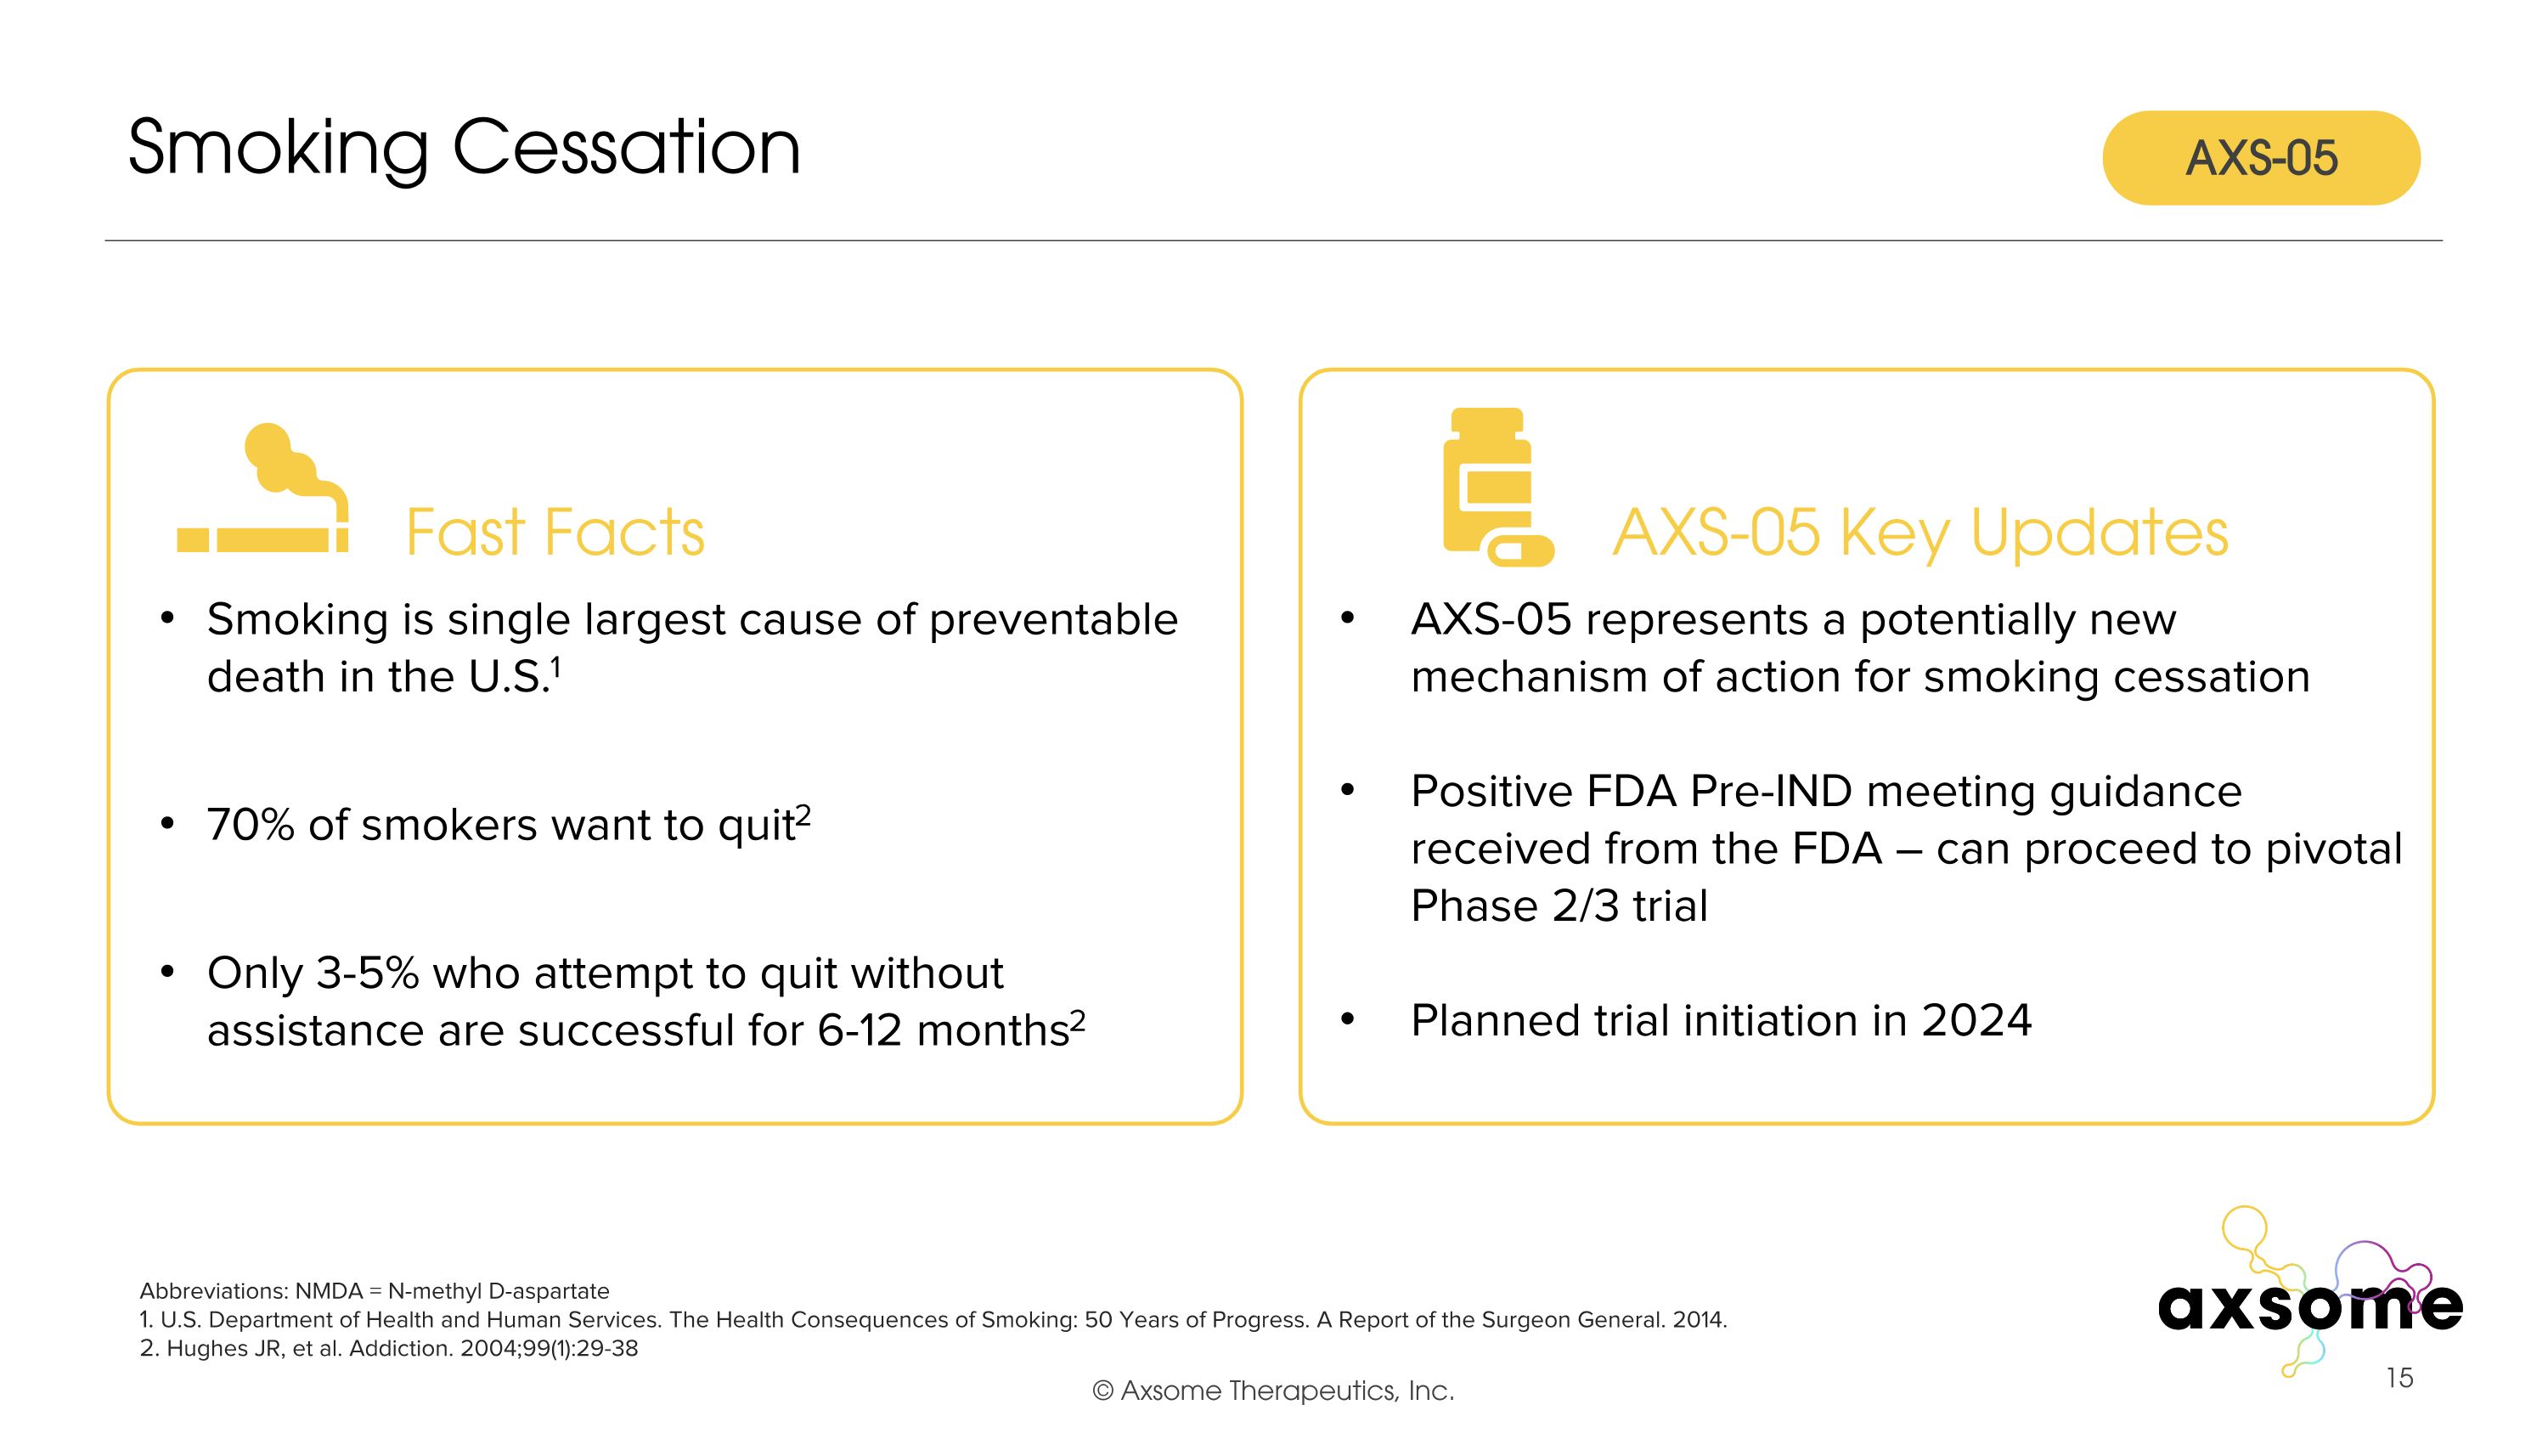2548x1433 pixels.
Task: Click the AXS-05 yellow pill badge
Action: point(2260,158)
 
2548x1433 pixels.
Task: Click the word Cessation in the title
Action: point(625,149)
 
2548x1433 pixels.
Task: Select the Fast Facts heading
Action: point(555,533)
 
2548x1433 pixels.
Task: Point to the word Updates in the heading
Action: point(2099,533)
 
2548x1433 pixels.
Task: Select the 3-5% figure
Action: point(367,973)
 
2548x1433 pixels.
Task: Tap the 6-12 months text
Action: point(943,1030)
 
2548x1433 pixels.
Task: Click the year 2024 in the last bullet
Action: point(1976,1021)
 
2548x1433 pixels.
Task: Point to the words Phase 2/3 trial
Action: point(1559,905)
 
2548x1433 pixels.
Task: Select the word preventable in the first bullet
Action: point(1052,620)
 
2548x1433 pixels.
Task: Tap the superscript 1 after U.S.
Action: point(556,668)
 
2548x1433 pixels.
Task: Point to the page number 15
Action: point(2399,1378)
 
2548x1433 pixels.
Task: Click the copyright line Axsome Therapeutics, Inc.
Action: point(1273,1391)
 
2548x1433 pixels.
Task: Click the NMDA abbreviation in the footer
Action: point(329,1290)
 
